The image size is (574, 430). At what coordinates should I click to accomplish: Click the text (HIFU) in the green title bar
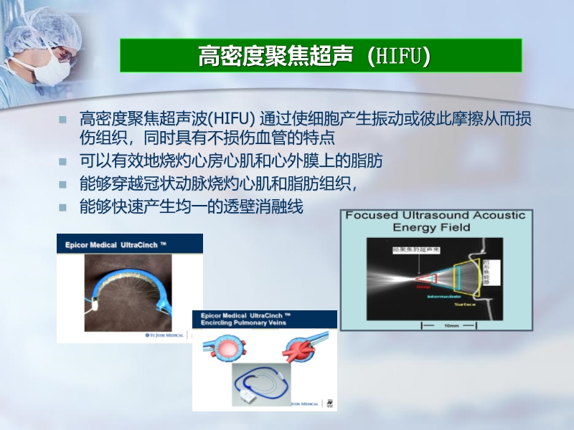(x=398, y=57)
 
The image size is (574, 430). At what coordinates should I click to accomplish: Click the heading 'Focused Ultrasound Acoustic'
(x=436, y=216)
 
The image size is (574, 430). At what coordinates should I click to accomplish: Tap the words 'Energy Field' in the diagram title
(x=431, y=228)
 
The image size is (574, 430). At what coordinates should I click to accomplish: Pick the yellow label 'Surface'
(x=464, y=305)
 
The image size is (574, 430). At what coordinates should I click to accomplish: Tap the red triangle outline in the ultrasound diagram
(x=423, y=276)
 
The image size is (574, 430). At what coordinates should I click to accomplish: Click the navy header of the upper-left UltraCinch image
(x=129, y=244)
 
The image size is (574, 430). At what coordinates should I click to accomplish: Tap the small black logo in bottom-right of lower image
(x=330, y=403)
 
